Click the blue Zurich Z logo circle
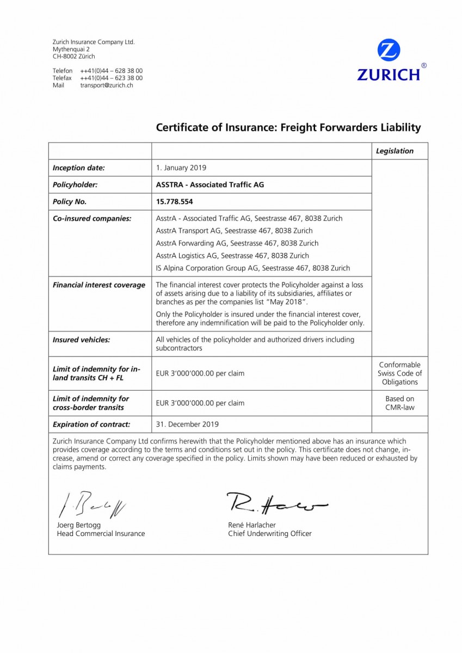click(389, 52)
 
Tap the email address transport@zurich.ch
click(107, 85)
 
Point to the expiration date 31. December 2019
click(187, 424)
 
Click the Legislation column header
click(395, 151)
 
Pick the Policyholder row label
click(75, 184)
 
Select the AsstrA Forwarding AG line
click(237, 243)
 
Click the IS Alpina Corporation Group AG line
click(252, 268)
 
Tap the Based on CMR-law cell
click(399, 403)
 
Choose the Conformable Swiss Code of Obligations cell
click(399, 373)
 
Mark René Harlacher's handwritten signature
click(275, 504)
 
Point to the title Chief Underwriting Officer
click(270, 534)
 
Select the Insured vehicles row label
click(81, 340)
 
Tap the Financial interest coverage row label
click(99, 285)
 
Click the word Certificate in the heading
click(183, 127)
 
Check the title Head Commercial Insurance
click(101, 534)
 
